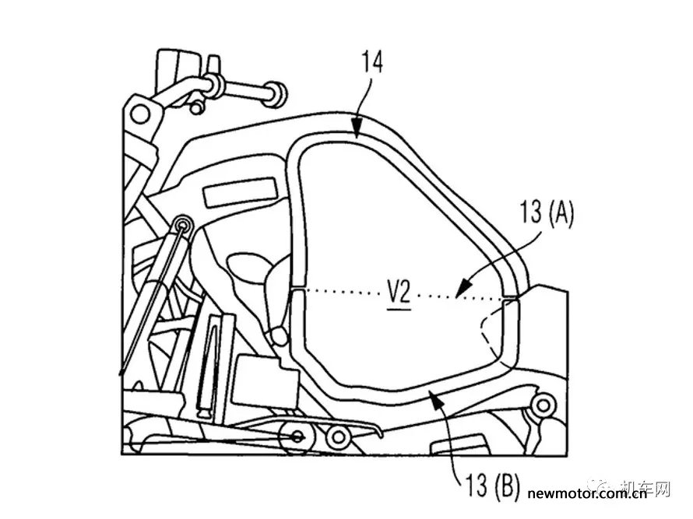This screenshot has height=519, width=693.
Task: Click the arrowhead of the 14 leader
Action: [x=357, y=132]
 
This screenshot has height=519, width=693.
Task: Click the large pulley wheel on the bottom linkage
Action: [x=295, y=437]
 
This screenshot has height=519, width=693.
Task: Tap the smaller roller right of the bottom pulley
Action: [x=337, y=437]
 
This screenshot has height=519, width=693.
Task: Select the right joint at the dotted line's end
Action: [x=509, y=298]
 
